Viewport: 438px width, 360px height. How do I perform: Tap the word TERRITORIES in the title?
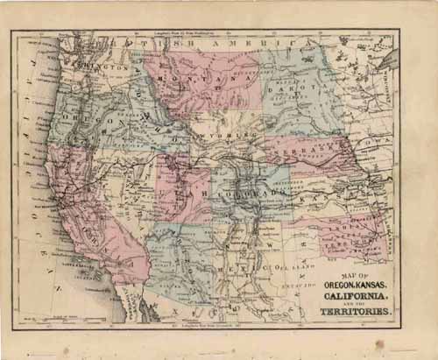(x=363, y=309)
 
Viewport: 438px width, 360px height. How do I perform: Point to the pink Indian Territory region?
(x=350, y=229)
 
